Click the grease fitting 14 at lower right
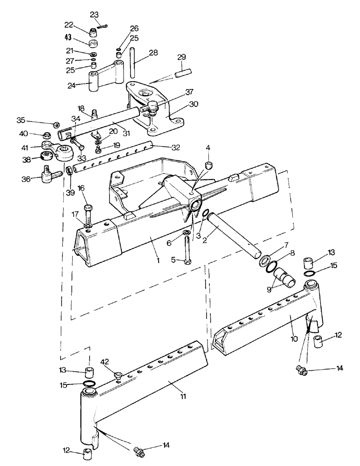(x=301, y=370)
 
